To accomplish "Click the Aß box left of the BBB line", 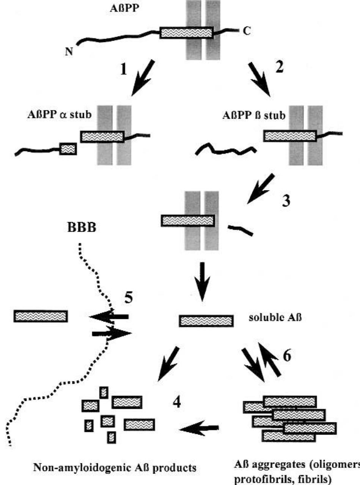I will (41, 316).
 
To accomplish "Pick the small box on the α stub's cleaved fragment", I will (68, 149).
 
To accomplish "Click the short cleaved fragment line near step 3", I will (240, 230).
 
